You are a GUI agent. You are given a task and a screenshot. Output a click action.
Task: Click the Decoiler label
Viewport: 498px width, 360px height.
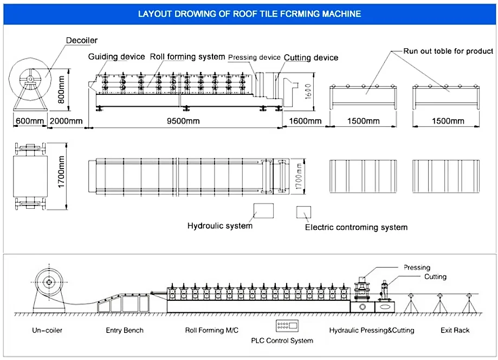pos(82,40)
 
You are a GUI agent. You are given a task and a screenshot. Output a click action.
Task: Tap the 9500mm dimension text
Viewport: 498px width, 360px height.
pos(183,121)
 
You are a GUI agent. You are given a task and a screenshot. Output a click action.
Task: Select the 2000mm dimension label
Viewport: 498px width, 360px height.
pos(66,121)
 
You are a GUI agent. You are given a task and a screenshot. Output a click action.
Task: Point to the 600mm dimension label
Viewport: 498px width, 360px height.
pos(30,121)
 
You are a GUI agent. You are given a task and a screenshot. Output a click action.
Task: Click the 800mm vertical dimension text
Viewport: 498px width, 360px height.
pos(61,89)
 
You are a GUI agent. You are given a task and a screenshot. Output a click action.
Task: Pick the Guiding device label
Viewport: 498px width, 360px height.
pos(117,56)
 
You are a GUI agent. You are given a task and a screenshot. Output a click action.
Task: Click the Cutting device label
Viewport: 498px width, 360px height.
pos(311,57)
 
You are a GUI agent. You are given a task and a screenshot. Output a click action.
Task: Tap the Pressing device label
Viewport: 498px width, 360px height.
pos(254,57)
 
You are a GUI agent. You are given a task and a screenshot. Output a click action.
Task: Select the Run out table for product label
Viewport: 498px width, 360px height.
pos(448,51)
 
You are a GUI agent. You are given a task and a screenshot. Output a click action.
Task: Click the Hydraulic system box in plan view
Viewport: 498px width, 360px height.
pos(263,211)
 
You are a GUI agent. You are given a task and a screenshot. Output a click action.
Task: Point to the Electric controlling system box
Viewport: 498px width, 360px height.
pos(303,212)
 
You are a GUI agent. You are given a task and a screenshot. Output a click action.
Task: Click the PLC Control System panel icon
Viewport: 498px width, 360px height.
pos(287,326)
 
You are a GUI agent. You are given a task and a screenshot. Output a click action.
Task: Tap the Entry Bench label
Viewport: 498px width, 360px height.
pos(125,330)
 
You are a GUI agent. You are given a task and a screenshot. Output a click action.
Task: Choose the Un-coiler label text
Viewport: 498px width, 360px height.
pos(47,330)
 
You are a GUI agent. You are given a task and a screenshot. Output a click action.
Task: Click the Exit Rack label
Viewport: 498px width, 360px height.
pos(455,330)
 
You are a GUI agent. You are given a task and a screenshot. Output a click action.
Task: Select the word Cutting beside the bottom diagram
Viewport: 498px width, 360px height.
pos(436,277)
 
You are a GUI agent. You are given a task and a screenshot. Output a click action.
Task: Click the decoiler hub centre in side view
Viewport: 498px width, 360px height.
pos(30,79)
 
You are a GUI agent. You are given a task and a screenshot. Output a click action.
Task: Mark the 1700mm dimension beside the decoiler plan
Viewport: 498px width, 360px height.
pos(61,172)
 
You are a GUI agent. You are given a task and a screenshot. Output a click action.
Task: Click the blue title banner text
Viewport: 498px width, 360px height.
pos(249,14)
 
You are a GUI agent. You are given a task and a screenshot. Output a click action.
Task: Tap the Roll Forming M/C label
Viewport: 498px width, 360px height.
pos(211,330)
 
